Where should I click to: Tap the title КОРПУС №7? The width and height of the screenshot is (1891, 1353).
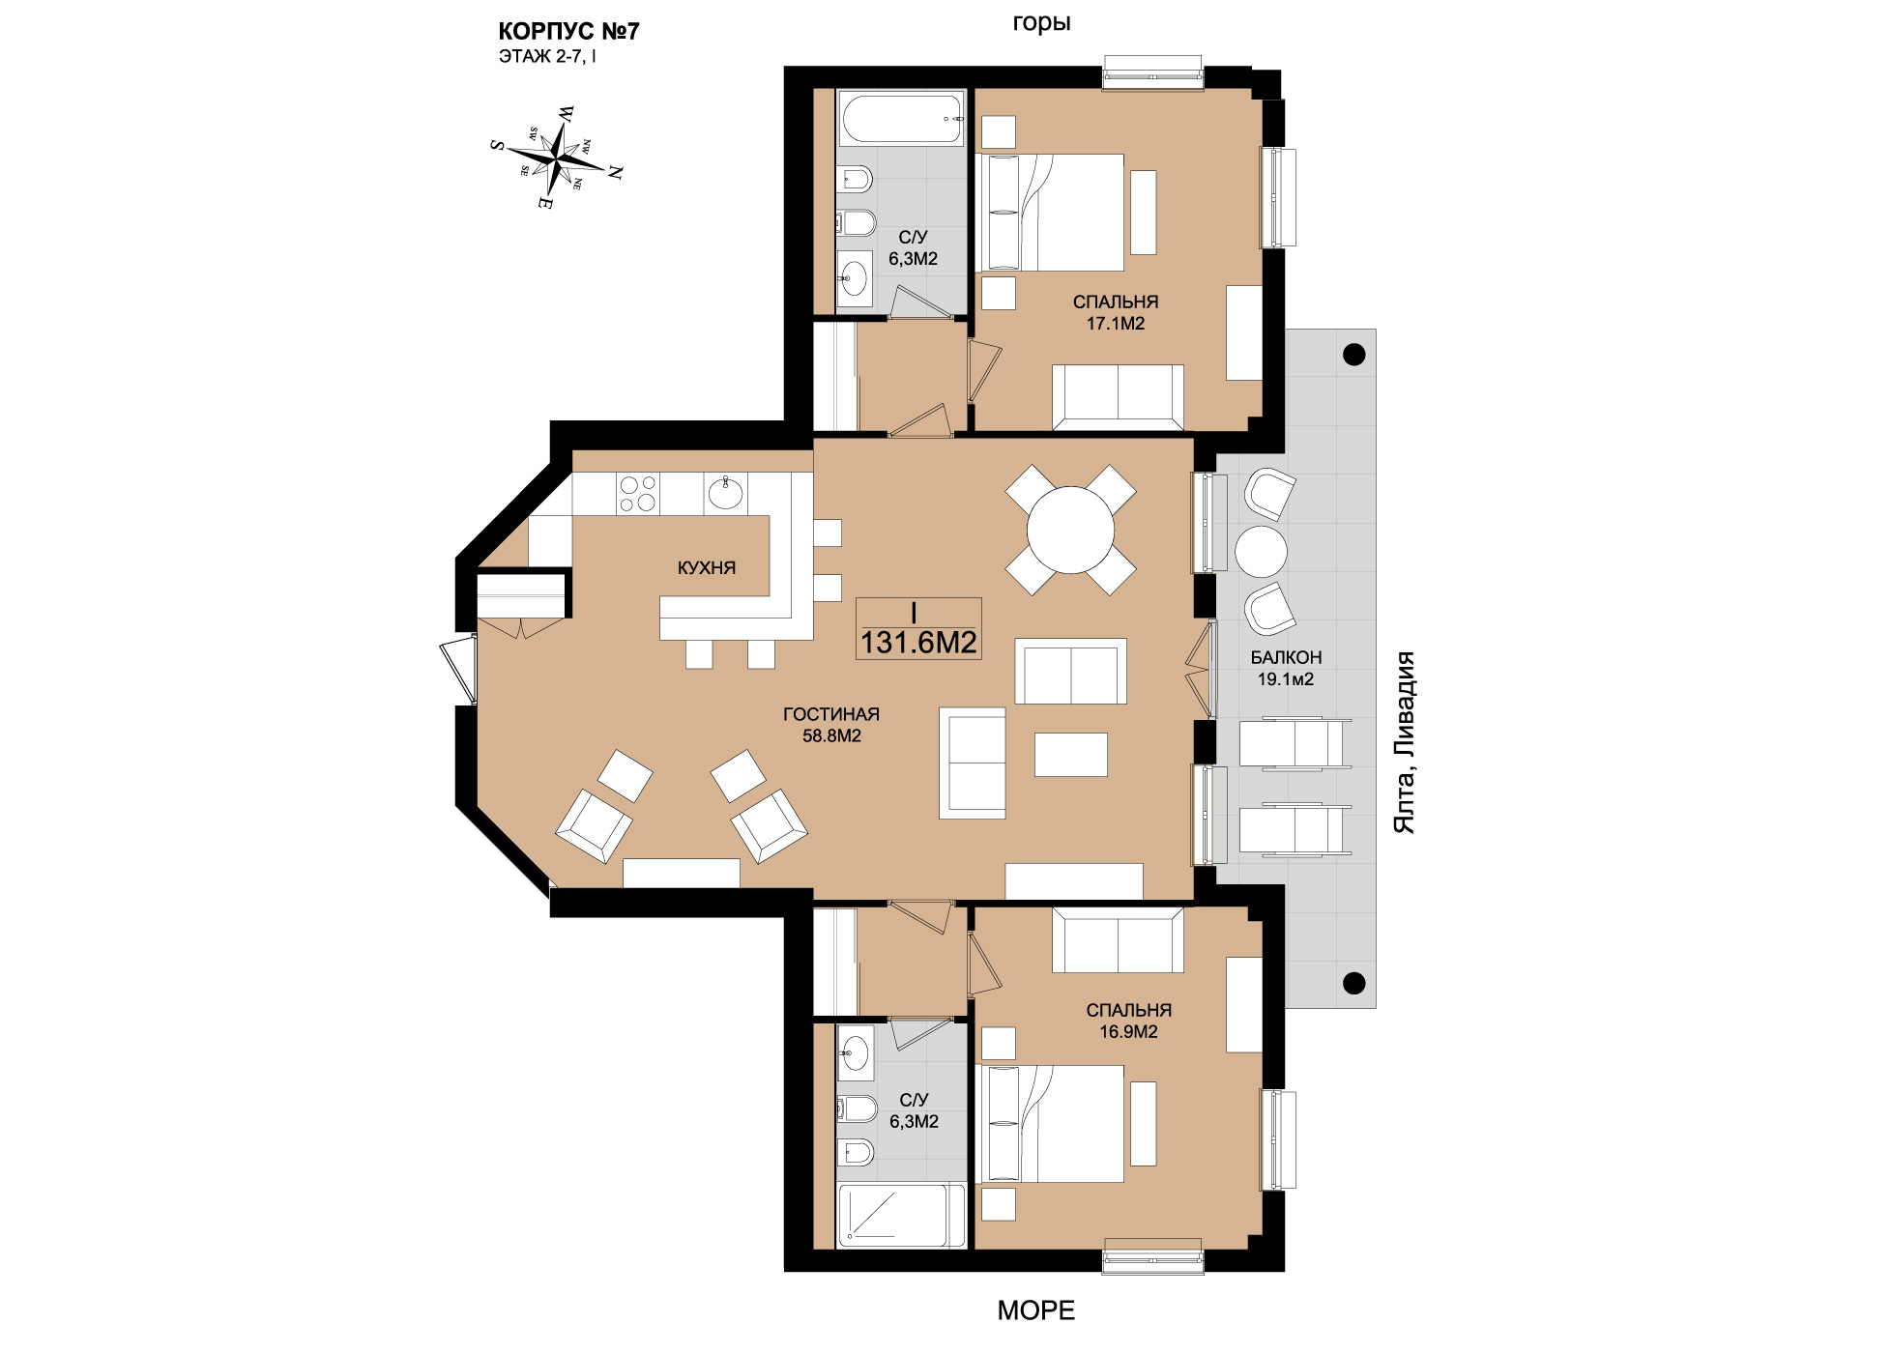[x=568, y=31]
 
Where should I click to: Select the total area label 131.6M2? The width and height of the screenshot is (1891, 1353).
[x=918, y=642]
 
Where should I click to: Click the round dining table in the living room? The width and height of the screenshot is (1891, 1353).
[x=1070, y=531]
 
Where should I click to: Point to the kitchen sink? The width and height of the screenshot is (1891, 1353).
[x=725, y=493]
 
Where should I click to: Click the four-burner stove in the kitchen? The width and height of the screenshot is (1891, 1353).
[x=638, y=493]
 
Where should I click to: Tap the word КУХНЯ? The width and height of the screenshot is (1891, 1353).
[x=707, y=567]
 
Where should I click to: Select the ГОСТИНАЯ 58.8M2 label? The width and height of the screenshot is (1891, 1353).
[x=831, y=725]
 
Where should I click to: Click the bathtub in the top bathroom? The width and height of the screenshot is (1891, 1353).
[x=901, y=118]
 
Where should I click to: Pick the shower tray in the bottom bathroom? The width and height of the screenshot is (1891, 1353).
[x=901, y=1215]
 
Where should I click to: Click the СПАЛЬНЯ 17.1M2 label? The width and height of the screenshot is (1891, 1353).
[x=1116, y=312]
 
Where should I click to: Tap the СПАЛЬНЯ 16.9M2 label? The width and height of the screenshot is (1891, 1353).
[x=1128, y=1021]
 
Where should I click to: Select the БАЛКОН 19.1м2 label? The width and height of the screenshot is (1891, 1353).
[x=1286, y=668]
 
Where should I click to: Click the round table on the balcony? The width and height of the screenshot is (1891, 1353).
[x=1261, y=552]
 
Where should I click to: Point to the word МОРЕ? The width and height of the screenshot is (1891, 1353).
[x=1035, y=1310]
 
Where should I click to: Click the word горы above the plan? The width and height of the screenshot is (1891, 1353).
[x=1041, y=23]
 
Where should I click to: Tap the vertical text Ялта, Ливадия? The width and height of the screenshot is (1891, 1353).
[x=1404, y=742]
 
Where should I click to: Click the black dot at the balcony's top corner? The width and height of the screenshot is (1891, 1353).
[x=1354, y=355]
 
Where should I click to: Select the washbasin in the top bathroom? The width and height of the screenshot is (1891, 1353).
[x=855, y=279]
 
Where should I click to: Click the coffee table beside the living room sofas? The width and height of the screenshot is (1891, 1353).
[x=1070, y=755]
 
